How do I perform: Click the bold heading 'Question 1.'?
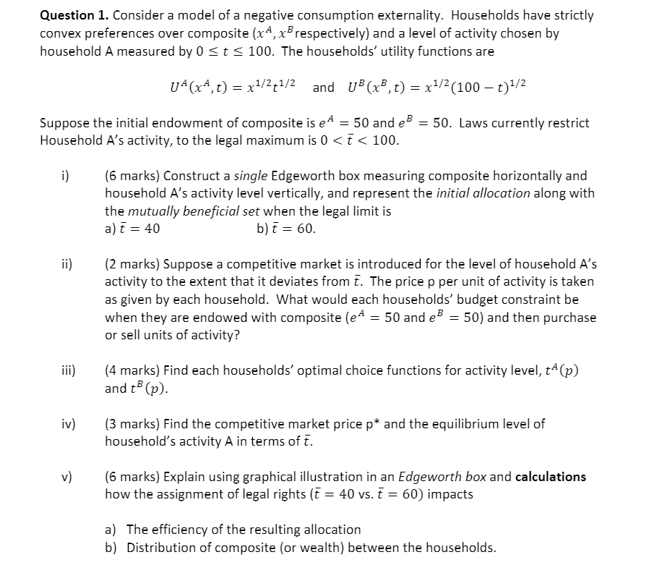pos(75,15)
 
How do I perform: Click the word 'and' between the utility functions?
pos(323,88)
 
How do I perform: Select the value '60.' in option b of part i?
pos(306,229)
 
